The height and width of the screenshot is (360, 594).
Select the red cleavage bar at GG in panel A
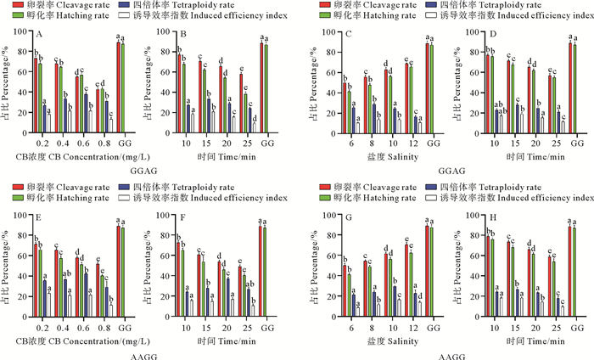tap(119, 84)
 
